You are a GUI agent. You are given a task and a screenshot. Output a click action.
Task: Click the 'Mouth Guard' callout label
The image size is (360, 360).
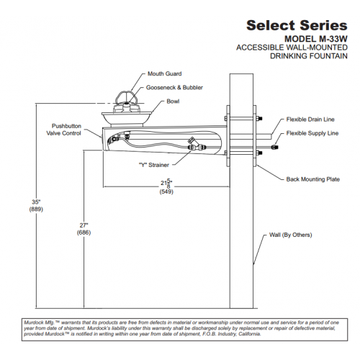click(x=164, y=73)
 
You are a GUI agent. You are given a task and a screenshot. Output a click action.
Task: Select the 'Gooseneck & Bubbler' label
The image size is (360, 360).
click(x=174, y=88)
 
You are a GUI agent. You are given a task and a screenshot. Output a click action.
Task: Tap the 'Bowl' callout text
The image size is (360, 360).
click(x=173, y=102)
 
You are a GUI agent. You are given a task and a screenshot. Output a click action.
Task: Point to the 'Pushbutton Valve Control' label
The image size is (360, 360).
click(x=64, y=130)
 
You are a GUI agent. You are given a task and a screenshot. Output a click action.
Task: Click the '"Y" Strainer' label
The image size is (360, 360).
click(x=154, y=165)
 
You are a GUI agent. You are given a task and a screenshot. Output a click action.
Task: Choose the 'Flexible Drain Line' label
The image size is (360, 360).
click(x=310, y=120)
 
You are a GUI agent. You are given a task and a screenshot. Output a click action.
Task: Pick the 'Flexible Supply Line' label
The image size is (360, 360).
click(x=312, y=133)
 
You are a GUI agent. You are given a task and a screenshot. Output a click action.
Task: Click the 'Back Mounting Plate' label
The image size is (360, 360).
click(x=312, y=179)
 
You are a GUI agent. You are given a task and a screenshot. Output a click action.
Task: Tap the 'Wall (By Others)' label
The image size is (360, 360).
click(x=290, y=235)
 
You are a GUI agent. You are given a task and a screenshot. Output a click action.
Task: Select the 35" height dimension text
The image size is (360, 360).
click(x=36, y=202)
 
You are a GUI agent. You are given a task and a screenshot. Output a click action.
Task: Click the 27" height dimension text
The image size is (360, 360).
click(x=84, y=225)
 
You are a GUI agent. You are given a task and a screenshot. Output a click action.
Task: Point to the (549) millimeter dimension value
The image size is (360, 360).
click(x=166, y=192)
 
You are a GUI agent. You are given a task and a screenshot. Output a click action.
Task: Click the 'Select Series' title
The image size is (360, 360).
click(x=297, y=25)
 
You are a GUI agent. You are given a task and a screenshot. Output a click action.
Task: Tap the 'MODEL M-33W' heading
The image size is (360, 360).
click(x=316, y=39)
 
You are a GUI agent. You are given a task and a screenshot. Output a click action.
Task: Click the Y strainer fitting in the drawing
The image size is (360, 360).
click(x=196, y=144)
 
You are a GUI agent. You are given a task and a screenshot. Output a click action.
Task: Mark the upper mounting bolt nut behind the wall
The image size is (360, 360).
click(x=259, y=118)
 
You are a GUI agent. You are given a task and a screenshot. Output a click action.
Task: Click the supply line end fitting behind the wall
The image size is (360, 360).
click(x=275, y=147)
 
